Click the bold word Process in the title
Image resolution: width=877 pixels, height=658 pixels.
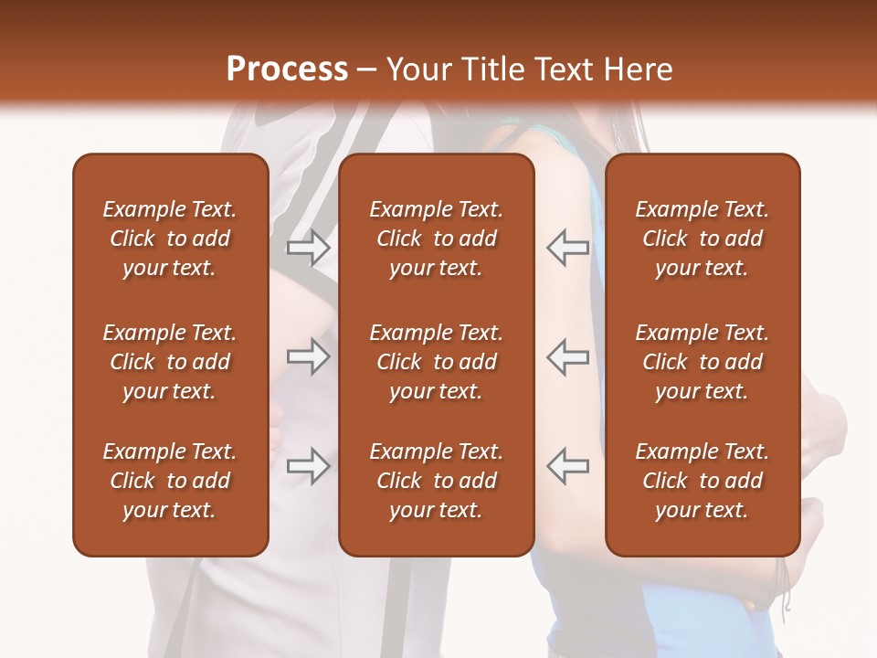click(x=287, y=69)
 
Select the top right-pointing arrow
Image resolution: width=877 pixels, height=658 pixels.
click(x=309, y=248)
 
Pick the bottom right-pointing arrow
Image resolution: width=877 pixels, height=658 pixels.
click(x=309, y=466)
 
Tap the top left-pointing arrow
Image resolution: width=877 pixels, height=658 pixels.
click(x=567, y=248)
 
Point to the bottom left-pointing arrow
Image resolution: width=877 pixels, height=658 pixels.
click(x=567, y=466)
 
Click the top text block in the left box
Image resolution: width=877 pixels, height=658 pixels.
click(x=170, y=239)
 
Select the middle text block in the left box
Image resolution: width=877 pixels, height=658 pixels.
click(x=170, y=362)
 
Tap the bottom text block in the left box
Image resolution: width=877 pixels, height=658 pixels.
click(x=170, y=481)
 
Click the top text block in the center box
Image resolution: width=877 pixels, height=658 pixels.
click(x=436, y=239)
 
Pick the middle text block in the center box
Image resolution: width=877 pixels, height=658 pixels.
click(x=436, y=362)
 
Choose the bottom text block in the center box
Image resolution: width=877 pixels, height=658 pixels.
click(x=436, y=481)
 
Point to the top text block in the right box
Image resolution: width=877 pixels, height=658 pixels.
click(x=703, y=239)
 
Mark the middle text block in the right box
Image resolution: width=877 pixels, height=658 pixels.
click(x=703, y=362)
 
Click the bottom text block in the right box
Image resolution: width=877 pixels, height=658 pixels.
click(x=703, y=481)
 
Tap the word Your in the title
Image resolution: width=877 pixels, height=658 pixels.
click(x=416, y=69)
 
